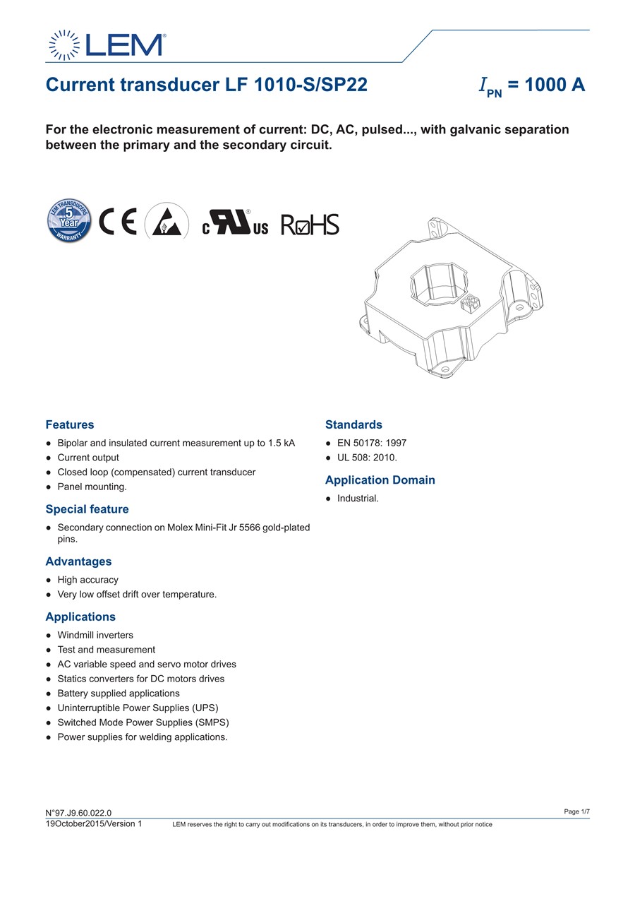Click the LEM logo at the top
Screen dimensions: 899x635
coord(107,45)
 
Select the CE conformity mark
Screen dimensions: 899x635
coord(118,222)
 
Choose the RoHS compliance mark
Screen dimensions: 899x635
coord(310,225)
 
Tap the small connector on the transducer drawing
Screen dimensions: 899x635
coord(471,304)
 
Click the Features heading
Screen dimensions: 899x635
coord(69,425)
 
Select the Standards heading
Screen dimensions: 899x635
coord(353,425)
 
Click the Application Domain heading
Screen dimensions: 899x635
coord(380,480)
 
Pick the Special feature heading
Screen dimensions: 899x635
coord(87,509)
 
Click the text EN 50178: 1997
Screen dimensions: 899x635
coord(372,443)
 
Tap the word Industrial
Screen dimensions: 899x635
coord(358,499)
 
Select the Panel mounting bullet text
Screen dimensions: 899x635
coord(92,487)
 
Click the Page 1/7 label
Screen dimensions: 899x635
coord(576,812)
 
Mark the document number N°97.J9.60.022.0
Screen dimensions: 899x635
coord(78,814)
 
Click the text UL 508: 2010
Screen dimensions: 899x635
coord(367,458)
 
